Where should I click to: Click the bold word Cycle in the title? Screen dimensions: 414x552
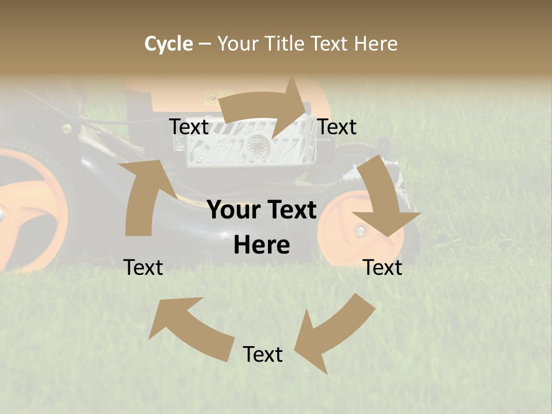168,44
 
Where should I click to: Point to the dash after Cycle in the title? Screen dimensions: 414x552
205,44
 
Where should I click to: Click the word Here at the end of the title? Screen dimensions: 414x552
375,44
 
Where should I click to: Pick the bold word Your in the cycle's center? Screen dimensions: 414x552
232,210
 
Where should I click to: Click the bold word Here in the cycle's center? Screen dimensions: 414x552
262,246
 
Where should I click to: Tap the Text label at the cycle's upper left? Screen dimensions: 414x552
189,127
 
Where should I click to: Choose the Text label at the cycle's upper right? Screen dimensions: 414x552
337,127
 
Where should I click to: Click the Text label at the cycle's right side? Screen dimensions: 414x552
382,267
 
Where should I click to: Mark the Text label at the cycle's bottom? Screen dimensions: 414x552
263,354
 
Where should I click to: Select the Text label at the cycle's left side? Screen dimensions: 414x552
143,267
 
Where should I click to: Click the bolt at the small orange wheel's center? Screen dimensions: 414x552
361,231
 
